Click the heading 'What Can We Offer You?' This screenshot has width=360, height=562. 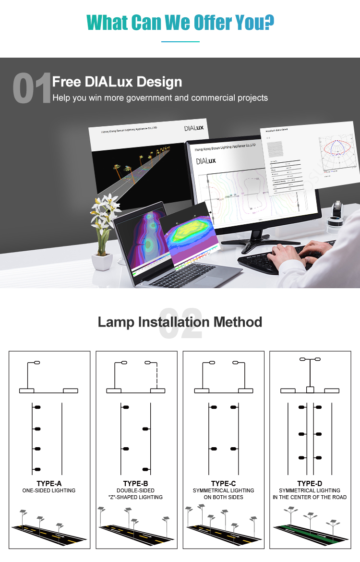(180, 22)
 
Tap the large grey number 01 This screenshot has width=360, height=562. (32, 88)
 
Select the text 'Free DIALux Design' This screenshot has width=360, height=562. (117, 82)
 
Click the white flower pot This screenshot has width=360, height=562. (102, 262)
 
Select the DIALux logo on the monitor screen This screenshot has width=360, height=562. (205, 160)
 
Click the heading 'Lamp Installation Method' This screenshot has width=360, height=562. (180, 322)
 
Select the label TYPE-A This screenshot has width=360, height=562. (49, 483)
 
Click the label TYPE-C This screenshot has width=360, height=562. (223, 483)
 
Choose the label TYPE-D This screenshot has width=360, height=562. (310, 483)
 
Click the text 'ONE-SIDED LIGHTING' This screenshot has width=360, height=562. (49, 490)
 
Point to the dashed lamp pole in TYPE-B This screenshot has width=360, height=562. (156, 375)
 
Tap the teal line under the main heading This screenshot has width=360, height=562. (180, 42)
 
